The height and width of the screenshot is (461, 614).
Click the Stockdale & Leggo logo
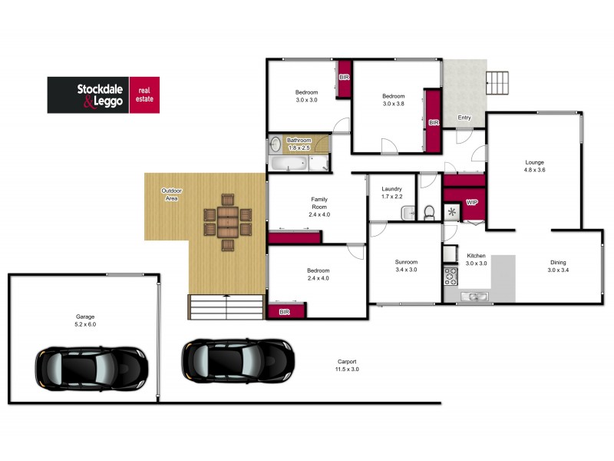point(103,95)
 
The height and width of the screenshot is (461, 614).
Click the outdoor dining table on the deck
point(228,224)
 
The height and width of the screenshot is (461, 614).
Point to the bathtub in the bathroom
point(289,163)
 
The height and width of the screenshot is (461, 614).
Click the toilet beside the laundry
point(430,211)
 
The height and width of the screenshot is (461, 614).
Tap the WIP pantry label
point(472,202)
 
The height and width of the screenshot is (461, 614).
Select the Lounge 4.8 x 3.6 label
point(534,165)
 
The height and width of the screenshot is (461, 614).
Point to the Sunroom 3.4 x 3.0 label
point(405,266)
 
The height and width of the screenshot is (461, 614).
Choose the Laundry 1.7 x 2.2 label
point(391,192)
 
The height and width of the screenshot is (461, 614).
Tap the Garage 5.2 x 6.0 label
point(85,320)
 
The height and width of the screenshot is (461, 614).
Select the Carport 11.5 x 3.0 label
point(346,366)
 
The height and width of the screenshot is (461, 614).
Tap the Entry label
point(464,118)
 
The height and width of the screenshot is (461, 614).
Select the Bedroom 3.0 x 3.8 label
point(393,100)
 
